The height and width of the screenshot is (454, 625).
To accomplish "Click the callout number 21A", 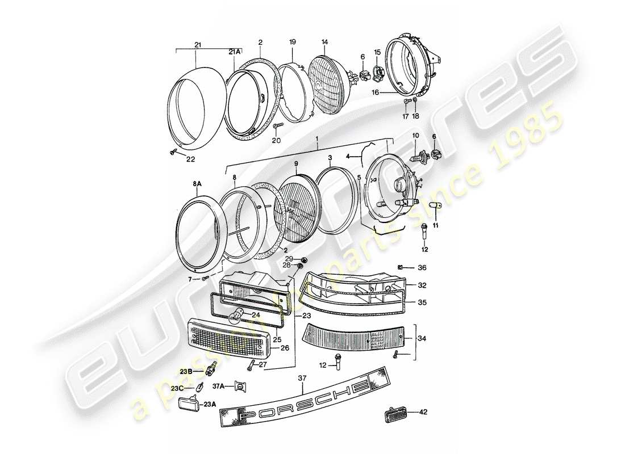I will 234,52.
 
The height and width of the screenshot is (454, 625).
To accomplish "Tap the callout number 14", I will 324,42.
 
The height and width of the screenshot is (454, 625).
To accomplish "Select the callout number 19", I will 292,42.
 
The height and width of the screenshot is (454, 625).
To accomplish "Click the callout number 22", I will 191,158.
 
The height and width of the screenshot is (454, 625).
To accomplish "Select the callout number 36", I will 422,268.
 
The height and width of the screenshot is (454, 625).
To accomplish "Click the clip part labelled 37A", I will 240,387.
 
